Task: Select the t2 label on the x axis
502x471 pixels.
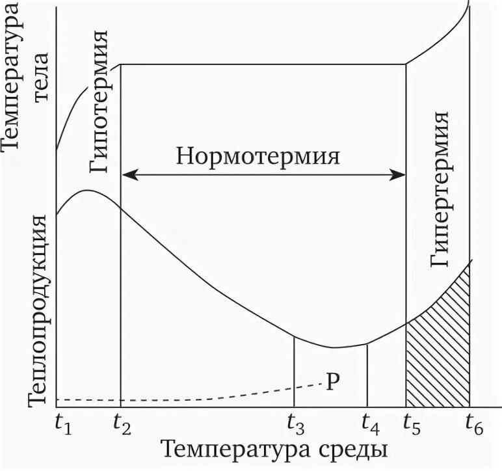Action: tap(122, 426)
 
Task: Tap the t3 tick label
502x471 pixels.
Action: tap(296, 426)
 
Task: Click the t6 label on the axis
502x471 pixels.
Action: tap(473, 426)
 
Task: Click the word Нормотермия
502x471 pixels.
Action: tap(259, 157)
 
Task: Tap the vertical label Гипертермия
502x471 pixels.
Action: tap(440, 189)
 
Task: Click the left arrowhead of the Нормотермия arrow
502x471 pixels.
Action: tap(127, 174)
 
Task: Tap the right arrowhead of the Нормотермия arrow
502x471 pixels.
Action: tap(401, 174)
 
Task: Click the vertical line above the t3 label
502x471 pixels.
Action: tap(295, 371)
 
